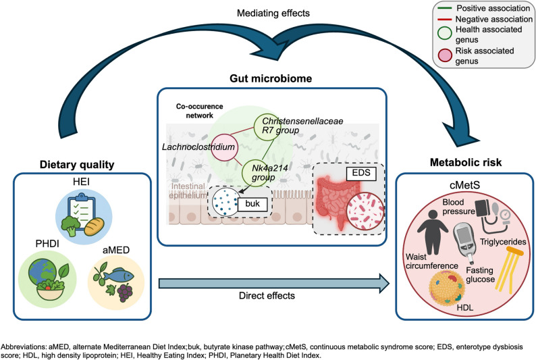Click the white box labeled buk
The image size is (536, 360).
coord(252,204)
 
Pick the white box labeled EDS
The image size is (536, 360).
coord(361,173)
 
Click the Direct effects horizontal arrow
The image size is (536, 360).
coord(274,284)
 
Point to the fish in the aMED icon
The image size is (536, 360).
coord(119,275)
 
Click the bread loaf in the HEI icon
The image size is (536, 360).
coord(94,227)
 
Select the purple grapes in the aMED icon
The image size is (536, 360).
coord(125,292)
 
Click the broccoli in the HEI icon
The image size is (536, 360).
coord(71,226)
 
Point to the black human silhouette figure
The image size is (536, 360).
coord(433,232)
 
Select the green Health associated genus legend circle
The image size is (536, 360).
coord(445,33)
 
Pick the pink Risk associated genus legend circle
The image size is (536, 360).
coord(445,55)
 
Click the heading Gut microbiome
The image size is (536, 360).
coord(271,78)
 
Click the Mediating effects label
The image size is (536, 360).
coord(273,13)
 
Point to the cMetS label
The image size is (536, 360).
coord(464,185)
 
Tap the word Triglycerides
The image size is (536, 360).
coord(503,242)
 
